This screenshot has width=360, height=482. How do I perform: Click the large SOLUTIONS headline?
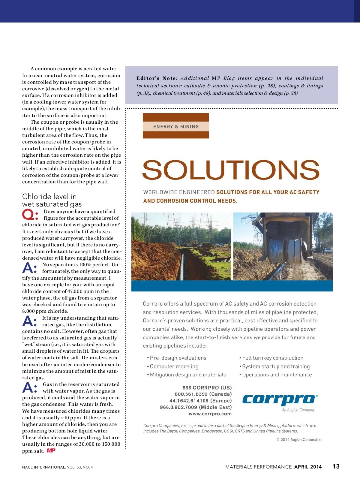pos(231,170)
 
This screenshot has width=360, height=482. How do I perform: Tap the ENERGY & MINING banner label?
pos(176,127)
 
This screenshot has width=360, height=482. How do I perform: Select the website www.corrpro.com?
pos(210,414)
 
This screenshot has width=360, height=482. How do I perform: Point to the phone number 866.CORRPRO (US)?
pos(207,388)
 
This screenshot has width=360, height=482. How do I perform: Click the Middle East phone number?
pos(196,407)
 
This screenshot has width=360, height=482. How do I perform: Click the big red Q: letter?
pos(30,215)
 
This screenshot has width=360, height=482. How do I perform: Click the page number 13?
pos(336,466)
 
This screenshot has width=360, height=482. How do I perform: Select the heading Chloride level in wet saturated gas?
pos(52,200)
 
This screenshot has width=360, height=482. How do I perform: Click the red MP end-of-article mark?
pos(51,450)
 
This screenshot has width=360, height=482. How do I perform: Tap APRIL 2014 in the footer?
pos(308,467)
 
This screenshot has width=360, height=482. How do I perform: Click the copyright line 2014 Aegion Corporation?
pos(299,440)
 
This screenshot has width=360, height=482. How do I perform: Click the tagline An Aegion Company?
pos(298,410)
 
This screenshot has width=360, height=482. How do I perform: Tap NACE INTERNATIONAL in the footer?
pos(43,467)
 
